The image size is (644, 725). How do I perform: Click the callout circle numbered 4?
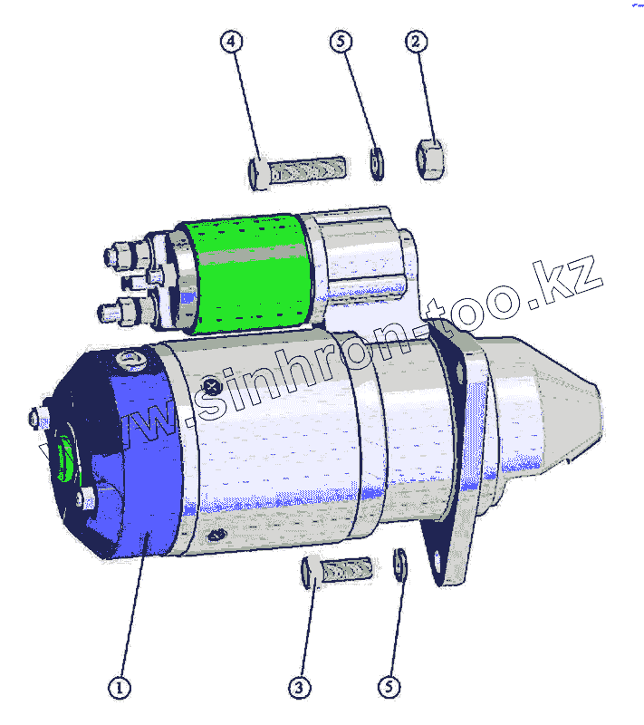click(x=231, y=41)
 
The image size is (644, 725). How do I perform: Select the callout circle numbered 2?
click(x=416, y=42)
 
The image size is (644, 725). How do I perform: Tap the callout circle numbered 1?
click(x=120, y=688)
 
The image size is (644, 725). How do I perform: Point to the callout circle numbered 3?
click(x=300, y=688)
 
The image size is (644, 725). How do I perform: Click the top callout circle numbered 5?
click(x=341, y=41)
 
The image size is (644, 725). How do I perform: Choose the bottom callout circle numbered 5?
click(x=389, y=687)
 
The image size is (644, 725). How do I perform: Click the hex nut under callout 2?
click(x=430, y=159)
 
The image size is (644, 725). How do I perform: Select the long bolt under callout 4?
click(x=297, y=172)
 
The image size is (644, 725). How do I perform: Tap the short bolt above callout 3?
click(x=337, y=572)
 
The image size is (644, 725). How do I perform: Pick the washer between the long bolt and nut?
click(x=377, y=164)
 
